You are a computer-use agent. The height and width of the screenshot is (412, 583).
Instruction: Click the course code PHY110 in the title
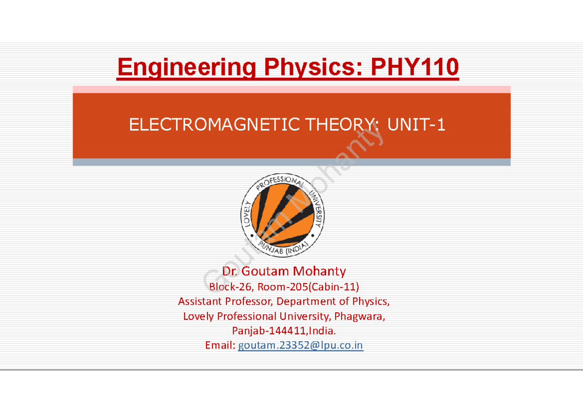414,67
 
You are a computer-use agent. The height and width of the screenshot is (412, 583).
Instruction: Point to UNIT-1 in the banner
416,126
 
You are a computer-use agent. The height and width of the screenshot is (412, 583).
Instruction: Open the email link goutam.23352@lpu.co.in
300,346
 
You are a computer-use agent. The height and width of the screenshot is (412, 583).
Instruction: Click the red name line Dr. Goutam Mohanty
284,271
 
